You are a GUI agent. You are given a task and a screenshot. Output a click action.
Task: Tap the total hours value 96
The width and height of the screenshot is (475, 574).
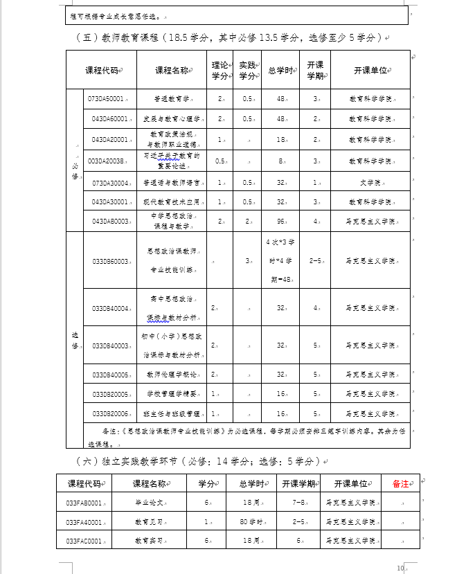click(281, 222)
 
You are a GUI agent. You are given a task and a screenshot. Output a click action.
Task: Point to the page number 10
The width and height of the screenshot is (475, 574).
click(400, 568)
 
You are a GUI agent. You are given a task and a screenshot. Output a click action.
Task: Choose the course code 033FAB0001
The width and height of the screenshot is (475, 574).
click(84, 503)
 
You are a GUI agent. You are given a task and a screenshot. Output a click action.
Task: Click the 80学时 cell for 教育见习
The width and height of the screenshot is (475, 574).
click(249, 522)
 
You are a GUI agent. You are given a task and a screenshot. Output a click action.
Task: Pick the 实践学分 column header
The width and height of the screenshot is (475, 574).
click(247, 70)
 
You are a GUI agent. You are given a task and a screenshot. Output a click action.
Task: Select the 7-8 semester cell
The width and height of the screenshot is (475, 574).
click(298, 503)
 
